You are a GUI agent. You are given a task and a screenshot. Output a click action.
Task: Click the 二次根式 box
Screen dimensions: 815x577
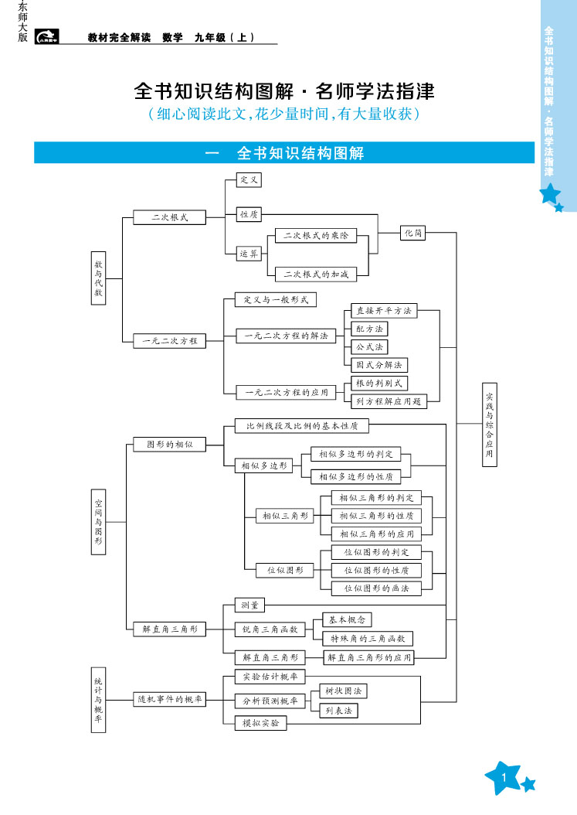tap(170, 217)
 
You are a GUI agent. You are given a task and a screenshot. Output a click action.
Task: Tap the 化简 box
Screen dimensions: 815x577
tap(413, 233)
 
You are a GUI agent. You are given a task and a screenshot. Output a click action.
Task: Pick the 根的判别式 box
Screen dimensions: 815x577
tap(378, 383)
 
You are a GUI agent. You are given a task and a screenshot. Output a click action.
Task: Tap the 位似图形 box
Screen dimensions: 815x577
tap(285, 570)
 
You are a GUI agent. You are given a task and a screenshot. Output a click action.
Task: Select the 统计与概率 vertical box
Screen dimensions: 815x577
tap(98, 699)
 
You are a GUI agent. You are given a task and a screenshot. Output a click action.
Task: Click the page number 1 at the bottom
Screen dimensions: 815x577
tap(503, 776)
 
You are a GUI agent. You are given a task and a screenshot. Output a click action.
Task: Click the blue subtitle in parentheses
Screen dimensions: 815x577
tap(283, 114)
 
